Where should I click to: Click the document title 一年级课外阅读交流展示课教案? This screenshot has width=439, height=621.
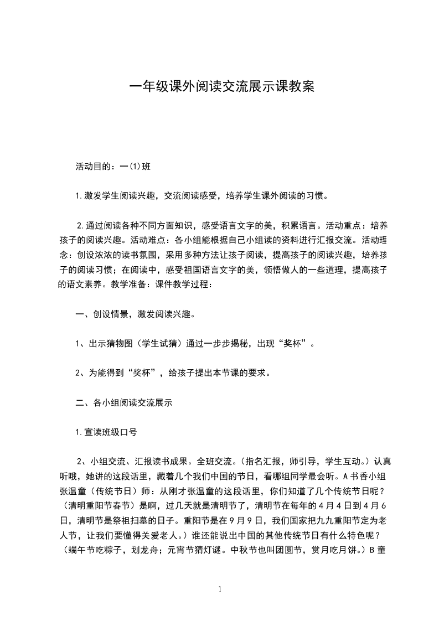click(221, 87)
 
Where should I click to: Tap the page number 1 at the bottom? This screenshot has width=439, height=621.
click(220, 589)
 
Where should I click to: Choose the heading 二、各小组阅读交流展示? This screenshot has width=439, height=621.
click(125, 403)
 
